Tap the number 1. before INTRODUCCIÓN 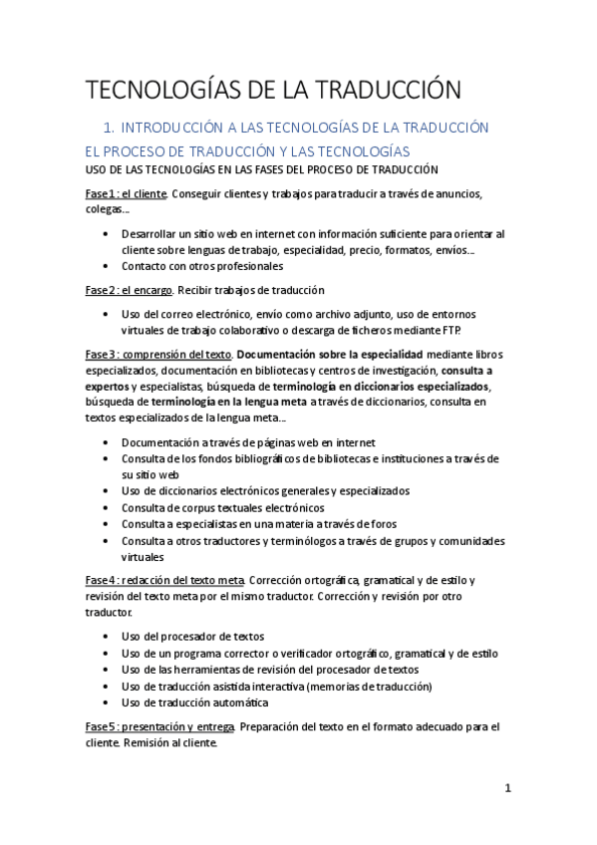[126, 128]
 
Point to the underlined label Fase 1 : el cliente [125, 193]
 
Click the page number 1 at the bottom [507, 788]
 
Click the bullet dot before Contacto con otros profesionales [107, 266]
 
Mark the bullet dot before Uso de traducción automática [107, 703]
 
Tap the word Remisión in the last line [154, 743]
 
